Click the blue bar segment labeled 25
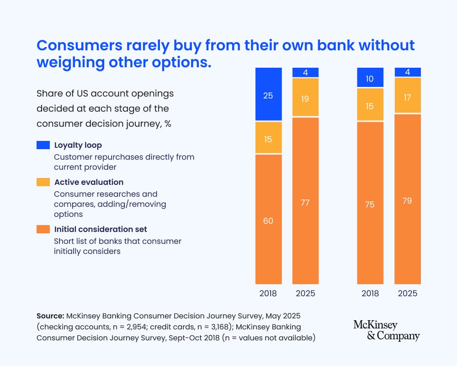click(268, 94)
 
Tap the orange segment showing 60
click(268, 220)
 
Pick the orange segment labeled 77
click(305, 201)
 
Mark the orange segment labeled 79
click(407, 199)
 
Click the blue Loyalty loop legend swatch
click(43, 145)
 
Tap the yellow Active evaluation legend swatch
click(43, 182)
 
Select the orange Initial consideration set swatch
click(43, 229)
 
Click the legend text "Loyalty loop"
click(78, 145)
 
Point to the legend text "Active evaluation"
click(89, 182)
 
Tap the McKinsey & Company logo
click(386, 330)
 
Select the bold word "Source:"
click(50, 316)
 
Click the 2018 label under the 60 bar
click(268, 293)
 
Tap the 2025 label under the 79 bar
click(407, 293)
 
